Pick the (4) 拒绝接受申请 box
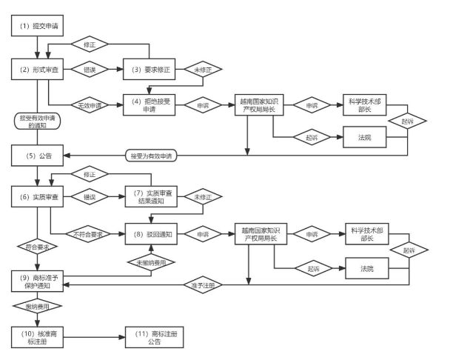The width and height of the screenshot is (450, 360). [x=151, y=104]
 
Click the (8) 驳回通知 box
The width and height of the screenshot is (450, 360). [x=152, y=233]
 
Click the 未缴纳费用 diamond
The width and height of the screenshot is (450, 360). [x=152, y=261]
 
